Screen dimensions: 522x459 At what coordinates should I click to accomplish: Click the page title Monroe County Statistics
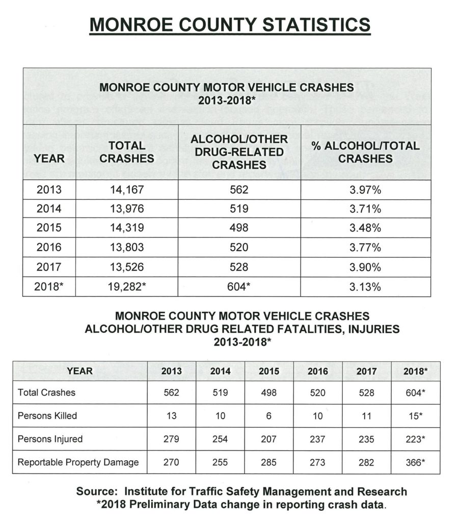(x=229, y=25)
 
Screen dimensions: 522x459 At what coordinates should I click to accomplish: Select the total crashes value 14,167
(x=127, y=191)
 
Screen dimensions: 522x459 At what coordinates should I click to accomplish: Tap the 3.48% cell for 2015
(x=366, y=228)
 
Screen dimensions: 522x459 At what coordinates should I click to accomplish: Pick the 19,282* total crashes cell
(x=127, y=286)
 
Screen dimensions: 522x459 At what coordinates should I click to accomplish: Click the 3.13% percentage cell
(x=366, y=286)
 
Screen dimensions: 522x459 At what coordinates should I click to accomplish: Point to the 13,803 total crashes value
(x=127, y=248)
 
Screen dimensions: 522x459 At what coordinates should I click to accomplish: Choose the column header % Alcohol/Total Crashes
(x=366, y=152)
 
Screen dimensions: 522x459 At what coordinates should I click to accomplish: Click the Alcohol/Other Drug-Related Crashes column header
(x=239, y=152)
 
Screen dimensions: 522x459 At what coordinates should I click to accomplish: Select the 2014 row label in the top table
(x=49, y=210)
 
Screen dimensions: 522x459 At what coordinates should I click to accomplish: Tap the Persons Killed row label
(x=47, y=415)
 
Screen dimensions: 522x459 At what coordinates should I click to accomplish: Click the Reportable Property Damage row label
(x=78, y=462)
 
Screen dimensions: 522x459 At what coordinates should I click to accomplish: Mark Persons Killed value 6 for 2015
(x=268, y=415)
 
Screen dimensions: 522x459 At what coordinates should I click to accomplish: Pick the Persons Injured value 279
(x=171, y=439)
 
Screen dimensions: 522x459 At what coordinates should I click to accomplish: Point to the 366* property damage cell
(x=416, y=462)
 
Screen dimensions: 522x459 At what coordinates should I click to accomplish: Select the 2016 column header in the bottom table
(x=317, y=371)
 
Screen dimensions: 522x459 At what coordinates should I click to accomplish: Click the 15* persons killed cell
(x=416, y=415)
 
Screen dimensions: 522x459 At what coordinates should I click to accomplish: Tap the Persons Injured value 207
(x=268, y=439)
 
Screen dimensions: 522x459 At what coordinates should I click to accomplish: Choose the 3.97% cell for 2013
(x=366, y=191)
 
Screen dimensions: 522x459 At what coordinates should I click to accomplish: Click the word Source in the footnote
(x=97, y=492)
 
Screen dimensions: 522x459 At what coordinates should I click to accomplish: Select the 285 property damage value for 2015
(x=268, y=462)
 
